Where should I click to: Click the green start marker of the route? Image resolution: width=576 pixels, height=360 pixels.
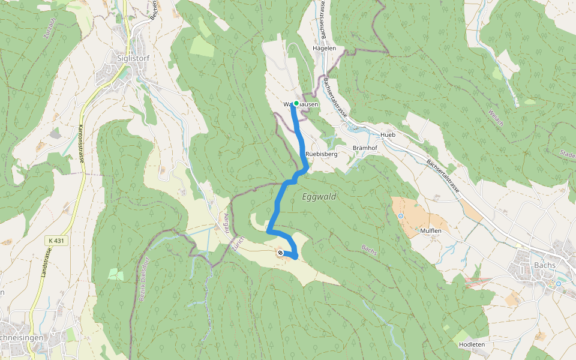[x=296, y=104]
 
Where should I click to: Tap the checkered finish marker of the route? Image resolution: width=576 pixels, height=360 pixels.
[x=280, y=253]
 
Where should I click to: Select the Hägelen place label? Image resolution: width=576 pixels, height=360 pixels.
[x=324, y=48]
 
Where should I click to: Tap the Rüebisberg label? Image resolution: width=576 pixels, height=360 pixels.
[x=322, y=154]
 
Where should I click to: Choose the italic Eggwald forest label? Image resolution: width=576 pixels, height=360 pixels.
[x=319, y=197]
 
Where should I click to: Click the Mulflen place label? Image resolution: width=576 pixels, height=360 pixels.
[x=431, y=230]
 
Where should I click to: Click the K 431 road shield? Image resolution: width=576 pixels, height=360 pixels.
[x=55, y=241]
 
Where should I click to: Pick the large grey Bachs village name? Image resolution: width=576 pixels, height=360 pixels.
[x=543, y=265]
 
